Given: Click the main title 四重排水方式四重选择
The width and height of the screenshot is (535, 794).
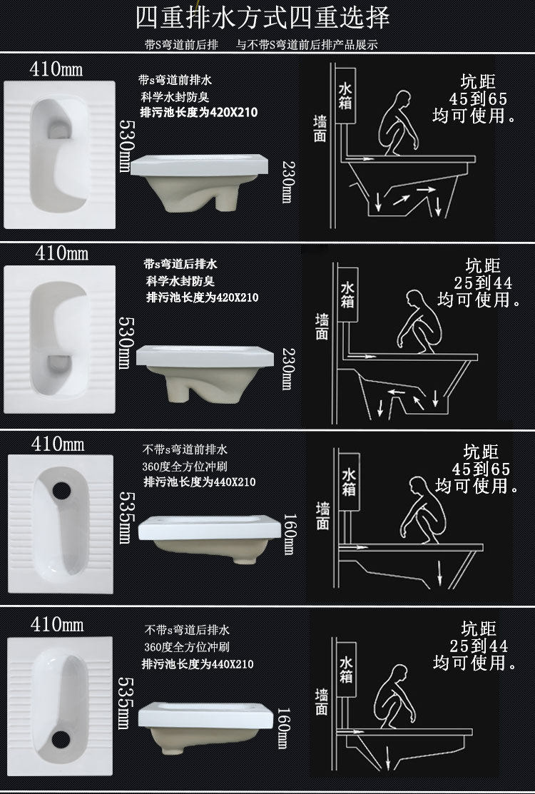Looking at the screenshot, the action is [263, 18].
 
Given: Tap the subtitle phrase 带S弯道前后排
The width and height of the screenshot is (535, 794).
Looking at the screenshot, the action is [181, 45].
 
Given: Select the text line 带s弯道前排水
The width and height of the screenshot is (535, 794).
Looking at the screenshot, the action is [175, 80].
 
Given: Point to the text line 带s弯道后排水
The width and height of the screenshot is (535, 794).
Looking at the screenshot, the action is [180, 264].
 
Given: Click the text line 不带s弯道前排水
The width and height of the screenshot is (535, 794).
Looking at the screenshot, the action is [185, 449].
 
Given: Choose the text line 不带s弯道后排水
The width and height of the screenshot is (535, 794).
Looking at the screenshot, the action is [187, 630].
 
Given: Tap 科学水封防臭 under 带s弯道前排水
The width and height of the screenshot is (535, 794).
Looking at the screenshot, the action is [175, 97].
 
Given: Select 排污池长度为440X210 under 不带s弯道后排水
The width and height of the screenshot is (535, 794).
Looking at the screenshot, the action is [198, 664].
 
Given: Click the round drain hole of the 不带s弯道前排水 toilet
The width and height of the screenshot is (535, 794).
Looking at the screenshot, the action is [61, 490].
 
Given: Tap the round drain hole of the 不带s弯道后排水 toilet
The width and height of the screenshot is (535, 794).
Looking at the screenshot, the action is [60, 740].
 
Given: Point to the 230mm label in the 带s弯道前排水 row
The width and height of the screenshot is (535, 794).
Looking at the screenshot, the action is [287, 183].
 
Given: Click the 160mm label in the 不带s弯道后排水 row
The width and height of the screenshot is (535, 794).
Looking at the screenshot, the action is [282, 728].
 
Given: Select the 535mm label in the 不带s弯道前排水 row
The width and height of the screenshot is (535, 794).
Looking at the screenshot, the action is [126, 517].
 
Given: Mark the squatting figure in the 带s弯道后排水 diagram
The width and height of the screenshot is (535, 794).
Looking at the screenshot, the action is [419, 322].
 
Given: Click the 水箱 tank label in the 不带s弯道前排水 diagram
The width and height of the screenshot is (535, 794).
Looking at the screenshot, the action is [349, 482].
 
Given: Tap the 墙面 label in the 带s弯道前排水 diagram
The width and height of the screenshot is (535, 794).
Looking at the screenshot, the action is [320, 128].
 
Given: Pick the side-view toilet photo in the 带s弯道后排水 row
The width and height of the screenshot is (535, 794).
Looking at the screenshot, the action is [205, 374].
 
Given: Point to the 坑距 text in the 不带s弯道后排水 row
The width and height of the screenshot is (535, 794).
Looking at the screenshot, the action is [479, 629].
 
